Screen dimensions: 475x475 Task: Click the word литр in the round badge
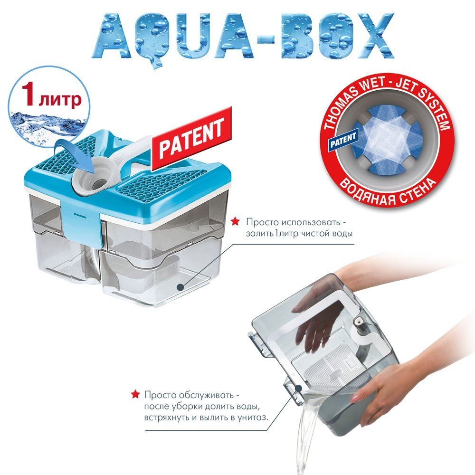coord(60,99)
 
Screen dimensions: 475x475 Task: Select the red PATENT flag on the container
coord(192,138)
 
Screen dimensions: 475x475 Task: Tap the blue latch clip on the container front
coord(82,224)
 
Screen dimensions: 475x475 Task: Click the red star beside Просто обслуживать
coord(135,394)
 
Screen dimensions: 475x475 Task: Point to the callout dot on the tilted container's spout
coord(299,388)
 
